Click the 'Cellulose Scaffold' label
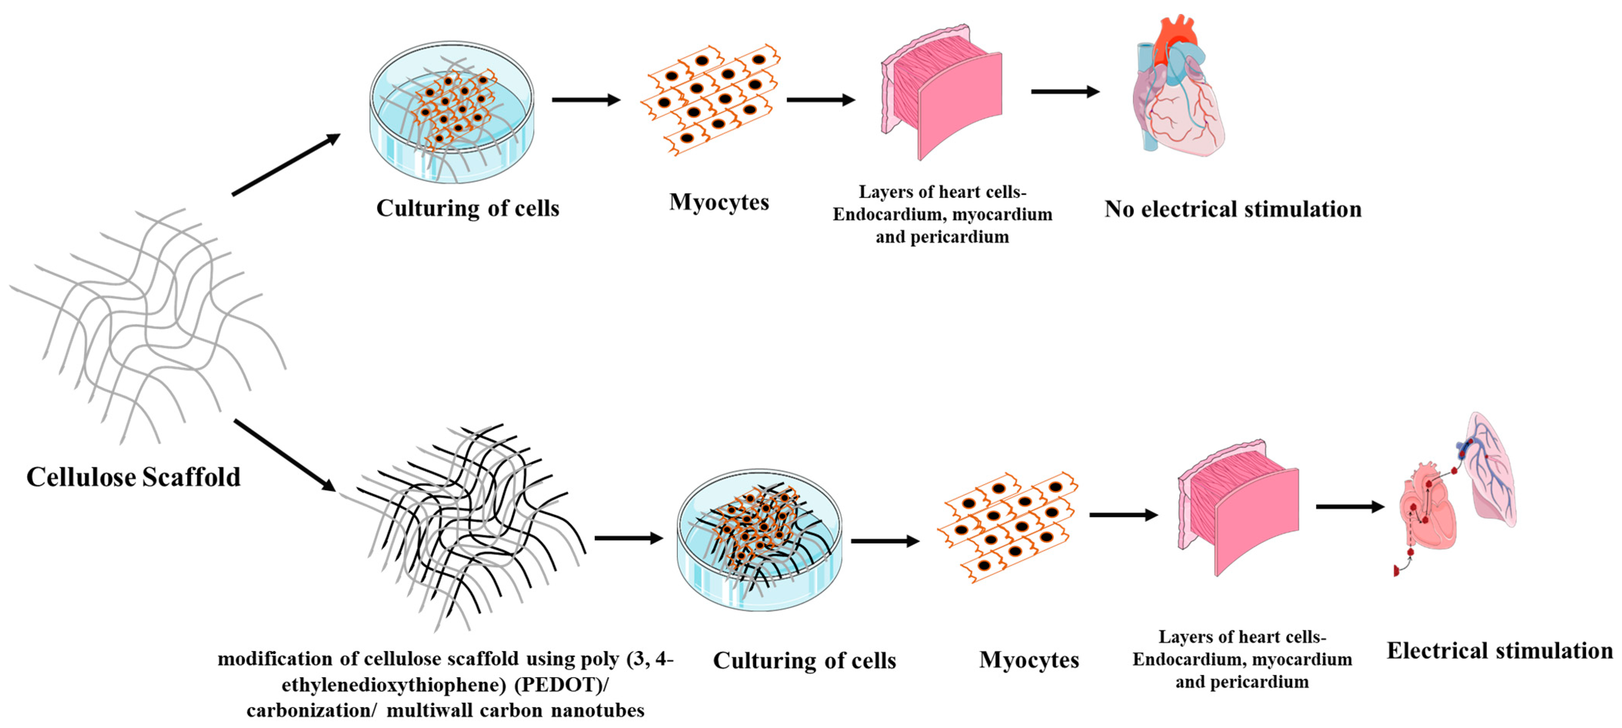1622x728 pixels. click(133, 477)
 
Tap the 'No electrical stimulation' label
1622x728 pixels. click(1232, 209)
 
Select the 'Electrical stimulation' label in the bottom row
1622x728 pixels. click(1499, 651)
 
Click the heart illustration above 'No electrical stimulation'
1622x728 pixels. click(1178, 88)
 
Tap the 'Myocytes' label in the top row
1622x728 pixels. click(719, 202)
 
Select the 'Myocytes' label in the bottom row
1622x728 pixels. click(1029, 660)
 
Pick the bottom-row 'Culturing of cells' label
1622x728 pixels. click(804, 661)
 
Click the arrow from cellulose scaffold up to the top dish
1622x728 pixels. click(286, 165)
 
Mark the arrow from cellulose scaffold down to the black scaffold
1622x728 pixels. click(284, 455)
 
